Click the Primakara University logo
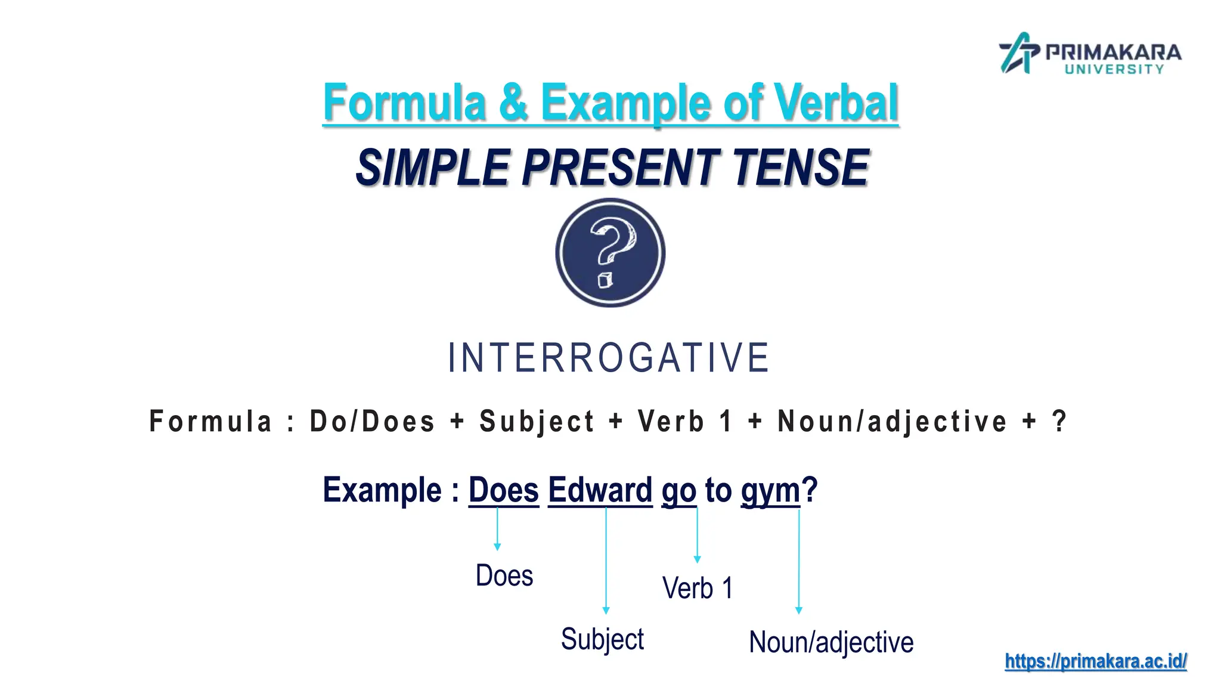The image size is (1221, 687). click(x=1089, y=54)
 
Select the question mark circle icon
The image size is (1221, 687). click(x=610, y=253)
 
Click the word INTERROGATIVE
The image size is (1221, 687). click(x=609, y=358)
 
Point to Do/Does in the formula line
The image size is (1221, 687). click(x=372, y=422)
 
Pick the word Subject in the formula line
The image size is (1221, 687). click(x=537, y=422)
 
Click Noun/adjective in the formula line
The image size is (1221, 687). click(x=892, y=422)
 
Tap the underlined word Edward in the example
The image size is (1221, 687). click(x=600, y=490)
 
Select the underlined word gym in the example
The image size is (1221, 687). click(x=770, y=491)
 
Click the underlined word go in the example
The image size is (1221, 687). click(x=678, y=491)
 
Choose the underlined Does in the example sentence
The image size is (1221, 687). click(x=503, y=490)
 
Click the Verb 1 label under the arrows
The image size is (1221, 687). click(x=697, y=588)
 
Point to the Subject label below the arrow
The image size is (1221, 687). click(x=602, y=639)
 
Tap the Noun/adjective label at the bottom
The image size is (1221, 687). click(x=830, y=643)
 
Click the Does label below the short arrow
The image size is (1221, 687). click(x=504, y=575)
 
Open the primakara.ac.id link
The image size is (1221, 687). click(x=1095, y=661)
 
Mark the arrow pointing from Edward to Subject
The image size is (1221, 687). click(x=606, y=561)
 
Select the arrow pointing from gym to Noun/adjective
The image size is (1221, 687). click(x=799, y=561)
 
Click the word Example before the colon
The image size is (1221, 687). click(x=382, y=490)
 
